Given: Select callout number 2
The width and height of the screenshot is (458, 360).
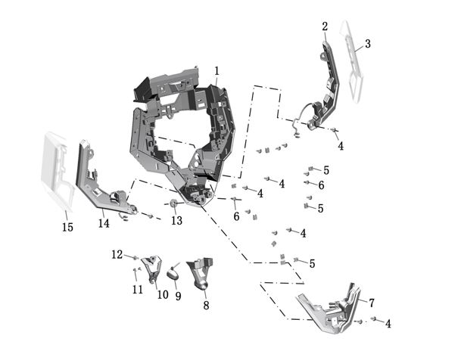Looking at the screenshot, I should [325, 26].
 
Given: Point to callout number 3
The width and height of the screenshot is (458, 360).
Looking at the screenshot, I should [367, 44].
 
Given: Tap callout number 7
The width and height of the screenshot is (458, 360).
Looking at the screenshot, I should [371, 303].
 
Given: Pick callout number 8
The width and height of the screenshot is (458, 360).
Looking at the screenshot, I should [205, 306].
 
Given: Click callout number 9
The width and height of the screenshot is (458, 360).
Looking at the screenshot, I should [178, 297].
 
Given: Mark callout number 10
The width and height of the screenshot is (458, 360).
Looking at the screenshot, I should [162, 295].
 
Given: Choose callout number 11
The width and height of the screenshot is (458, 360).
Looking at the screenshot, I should [137, 289].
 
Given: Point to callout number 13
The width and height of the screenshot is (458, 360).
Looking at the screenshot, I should [176, 221].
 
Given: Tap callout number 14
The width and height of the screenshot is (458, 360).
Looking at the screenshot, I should [104, 224].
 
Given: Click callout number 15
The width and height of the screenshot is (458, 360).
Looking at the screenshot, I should [67, 227].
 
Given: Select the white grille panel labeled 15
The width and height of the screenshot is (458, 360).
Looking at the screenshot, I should [59, 170].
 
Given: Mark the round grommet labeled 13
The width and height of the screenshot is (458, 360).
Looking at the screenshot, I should [174, 205].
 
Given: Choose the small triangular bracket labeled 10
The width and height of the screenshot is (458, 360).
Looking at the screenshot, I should [153, 268].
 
